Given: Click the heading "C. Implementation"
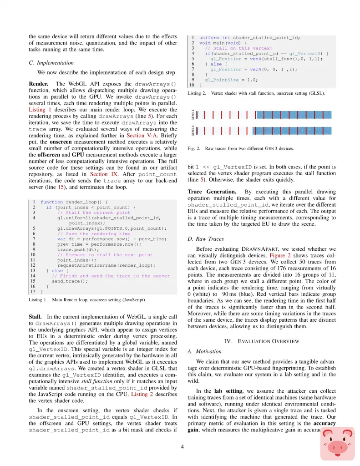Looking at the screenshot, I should [51, 62].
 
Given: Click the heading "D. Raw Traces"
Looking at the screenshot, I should [206, 239].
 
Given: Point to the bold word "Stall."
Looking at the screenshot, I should [36, 316].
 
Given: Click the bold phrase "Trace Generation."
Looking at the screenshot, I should [212, 191].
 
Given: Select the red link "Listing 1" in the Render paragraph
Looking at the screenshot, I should [40, 110].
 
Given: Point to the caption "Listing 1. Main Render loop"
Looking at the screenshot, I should [87, 300].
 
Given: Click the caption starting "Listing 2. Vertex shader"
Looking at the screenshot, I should [256, 93].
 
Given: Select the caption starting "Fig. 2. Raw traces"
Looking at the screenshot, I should [241, 148].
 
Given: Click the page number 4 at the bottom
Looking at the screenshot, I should [182, 446].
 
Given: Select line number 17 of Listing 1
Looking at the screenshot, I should [33, 291].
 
